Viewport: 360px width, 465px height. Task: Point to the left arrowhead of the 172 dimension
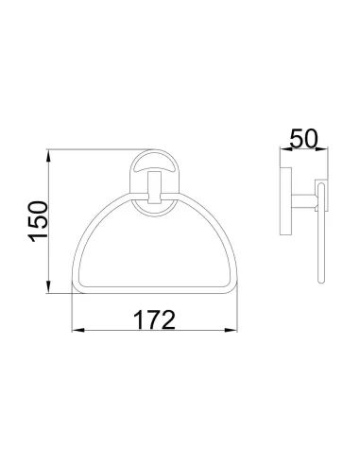click(x=77, y=331)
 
